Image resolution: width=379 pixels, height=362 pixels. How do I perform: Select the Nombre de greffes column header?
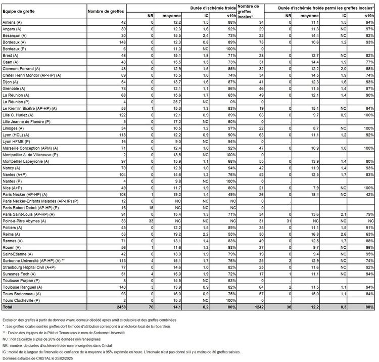103,11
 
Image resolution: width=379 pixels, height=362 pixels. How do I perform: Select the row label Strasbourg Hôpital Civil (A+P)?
29,266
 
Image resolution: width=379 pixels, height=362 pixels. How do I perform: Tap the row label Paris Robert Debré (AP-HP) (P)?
34,208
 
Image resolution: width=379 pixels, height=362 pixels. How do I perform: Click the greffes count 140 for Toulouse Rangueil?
122,286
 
